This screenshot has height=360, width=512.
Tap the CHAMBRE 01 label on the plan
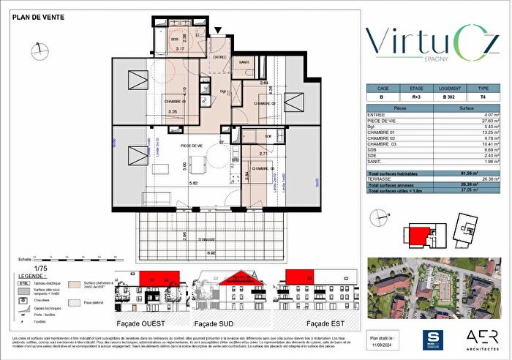pos(173,101)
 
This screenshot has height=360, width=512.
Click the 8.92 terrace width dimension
pos(211,253)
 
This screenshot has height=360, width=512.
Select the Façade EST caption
pos(327,322)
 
